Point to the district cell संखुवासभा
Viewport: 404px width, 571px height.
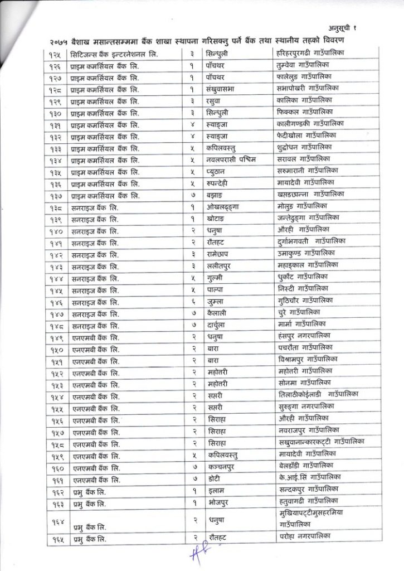pyautogui.click(x=222, y=89)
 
